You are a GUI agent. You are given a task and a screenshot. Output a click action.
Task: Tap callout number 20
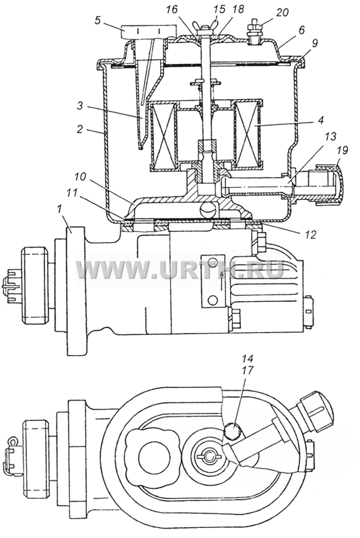coord(282,13)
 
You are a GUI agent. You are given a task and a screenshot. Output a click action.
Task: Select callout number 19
coord(343,150)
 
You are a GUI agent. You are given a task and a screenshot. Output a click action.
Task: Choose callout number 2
coord(79,130)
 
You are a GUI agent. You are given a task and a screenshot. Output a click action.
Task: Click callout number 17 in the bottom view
coord(248,371)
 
